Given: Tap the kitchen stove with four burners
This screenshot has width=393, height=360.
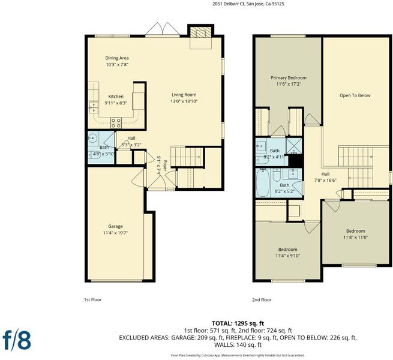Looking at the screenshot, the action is point(116,123).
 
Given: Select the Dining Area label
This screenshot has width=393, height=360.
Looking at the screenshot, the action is point(117,58).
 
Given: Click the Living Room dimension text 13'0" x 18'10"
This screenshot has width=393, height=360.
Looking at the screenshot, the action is point(184,101).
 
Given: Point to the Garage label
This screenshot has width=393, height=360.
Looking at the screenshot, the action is point(115,226).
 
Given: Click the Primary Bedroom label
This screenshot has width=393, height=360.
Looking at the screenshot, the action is point(289,78).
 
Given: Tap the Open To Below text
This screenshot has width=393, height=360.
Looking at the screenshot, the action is point(355,95).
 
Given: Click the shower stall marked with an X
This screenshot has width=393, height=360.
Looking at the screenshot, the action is point(294,145).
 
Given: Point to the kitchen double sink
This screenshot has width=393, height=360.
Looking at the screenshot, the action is point(94,107).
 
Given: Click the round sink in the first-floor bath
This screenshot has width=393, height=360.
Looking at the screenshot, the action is point(93,138).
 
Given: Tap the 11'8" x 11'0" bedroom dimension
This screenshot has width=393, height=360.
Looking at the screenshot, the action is point(355,237).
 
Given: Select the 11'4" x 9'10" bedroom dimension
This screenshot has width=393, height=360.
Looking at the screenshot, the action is point(288,256).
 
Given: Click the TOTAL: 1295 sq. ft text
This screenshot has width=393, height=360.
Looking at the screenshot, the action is point(238,323).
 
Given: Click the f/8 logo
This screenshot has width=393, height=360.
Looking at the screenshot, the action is point(17,340).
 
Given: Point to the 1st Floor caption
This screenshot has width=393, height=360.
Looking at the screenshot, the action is point(93,299).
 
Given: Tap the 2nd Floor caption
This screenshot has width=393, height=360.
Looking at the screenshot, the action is point(262,299).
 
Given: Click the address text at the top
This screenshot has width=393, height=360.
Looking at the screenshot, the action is point(248,4).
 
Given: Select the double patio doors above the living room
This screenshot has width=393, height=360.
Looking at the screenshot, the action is point(163,29).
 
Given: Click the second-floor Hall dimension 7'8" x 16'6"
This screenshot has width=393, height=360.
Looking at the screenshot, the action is point(325,180).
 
